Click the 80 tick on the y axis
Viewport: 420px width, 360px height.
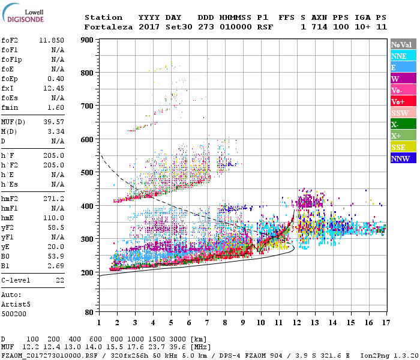pos(89,313)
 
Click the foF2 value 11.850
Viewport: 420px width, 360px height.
pos(52,40)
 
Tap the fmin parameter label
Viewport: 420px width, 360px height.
pos(10,107)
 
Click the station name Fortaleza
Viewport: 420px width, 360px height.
pos(108,27)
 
